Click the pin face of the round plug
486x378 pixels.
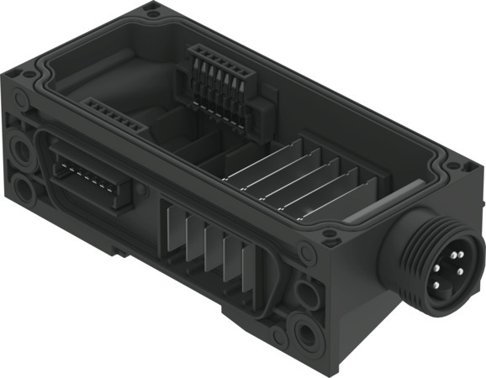(x=454, y=270)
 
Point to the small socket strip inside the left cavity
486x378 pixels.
(x=116, y=115)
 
